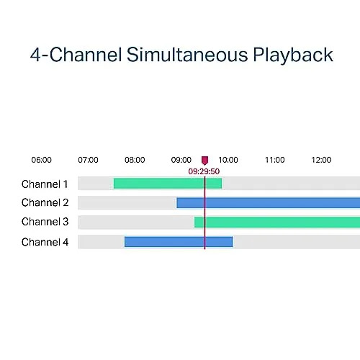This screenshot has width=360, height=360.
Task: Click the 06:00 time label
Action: pyautogui.click(x=42, y=160)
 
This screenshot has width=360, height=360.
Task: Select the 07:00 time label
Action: pyautogui.click(x=88, y=160)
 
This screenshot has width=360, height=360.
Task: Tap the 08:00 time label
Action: pyautogui.click(x=135, y=160)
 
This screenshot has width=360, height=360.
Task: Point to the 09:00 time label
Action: pyautogui.click(x=181, y=160)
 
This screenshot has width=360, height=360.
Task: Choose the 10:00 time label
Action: pyautogui.click(x=228, y=160)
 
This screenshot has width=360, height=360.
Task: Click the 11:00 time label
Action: pyautogui.click(x=275, y=160)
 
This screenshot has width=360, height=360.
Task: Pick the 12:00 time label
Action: pyautogui.click(x=321, y=160)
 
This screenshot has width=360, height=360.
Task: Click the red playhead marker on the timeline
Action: pyautogui.click(x=204, y=161)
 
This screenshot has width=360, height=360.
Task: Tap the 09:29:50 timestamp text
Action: pyautogui.click(x=204, y=171)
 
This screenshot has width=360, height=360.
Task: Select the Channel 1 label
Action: pyautogui.click(x=45, y=184)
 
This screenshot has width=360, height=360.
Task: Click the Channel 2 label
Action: pyautogui.click(x=45, y=202)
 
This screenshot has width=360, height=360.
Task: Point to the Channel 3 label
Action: pyautogui.click(x=45, y=222)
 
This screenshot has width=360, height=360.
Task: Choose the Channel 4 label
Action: pyautogui.click(x=45, y=242)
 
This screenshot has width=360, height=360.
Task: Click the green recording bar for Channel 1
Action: pyautogui.click(x=168, y=184)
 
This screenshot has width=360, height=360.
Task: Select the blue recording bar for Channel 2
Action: pyautogui.click(x=269, y=203)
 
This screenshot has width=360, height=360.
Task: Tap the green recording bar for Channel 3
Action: pyautogui.click(x=277, y=222)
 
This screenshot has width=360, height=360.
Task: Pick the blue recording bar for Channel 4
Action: pyautogui.click(x=179, y=242)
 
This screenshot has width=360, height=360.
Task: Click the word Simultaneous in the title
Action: pyautogui.click(x=187, y=55)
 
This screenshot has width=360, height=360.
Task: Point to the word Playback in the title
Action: pyautogui.click(x=293, y=55)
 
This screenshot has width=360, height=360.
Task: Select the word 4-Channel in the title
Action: pyautogui.click(x=76, y=55)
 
